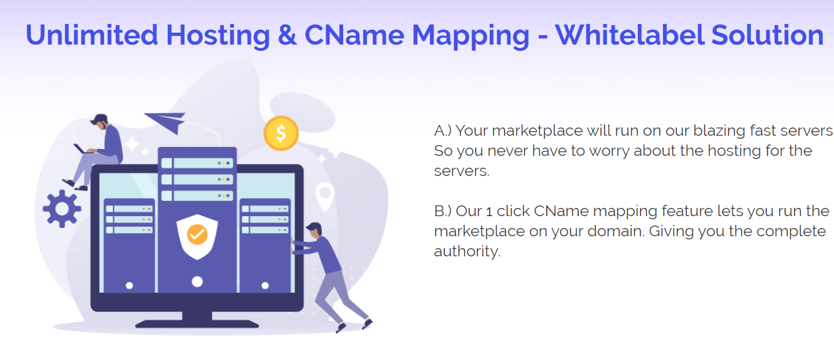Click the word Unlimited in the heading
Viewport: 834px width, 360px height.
(x=92, y=35)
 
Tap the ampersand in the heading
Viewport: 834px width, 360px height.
(x=287, y=35)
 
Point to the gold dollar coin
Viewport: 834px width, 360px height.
(x=281, y=133)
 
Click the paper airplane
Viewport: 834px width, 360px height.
(x=166, y=121)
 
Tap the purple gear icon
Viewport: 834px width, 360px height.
(x=62, y=209)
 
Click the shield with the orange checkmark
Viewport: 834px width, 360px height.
(x=197, y=235)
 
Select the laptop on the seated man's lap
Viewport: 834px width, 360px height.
(x=82, y=150)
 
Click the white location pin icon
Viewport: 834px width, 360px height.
(x=324, y=195)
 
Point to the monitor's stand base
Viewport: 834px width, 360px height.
(x=197, y=324)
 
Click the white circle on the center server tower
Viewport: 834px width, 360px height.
(x=197, y=281)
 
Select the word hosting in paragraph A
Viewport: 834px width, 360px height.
(x=732, y=151)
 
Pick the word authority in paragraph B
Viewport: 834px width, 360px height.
(x=466, y=251)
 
